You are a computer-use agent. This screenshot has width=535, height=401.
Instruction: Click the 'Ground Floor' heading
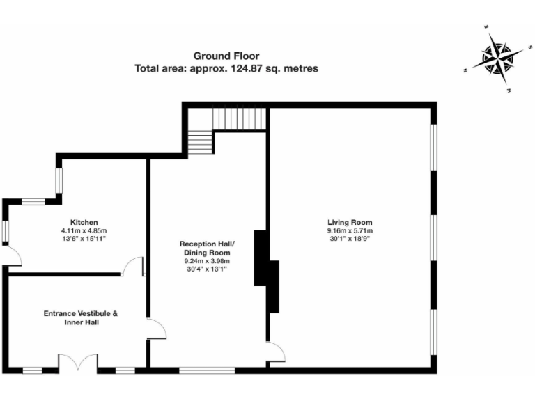click(226, 56)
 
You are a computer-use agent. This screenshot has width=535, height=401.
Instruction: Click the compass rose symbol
click(496, 57)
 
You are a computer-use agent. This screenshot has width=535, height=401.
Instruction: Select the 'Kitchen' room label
click(84, 222)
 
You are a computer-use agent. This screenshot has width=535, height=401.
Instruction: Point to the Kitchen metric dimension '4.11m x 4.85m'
click(84, 230)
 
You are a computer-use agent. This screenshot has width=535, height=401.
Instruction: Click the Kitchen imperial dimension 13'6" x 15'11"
click(84, 239)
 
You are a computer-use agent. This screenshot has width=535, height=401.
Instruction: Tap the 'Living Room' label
click(350, 223)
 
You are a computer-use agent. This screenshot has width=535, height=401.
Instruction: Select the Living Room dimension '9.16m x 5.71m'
click(350, 231)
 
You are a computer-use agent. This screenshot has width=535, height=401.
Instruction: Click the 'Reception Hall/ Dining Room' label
click(207, 248)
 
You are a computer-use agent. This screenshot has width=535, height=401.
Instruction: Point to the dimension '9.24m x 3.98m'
click(207, 261)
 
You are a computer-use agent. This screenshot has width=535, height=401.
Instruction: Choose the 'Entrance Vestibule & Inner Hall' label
click(81, 318)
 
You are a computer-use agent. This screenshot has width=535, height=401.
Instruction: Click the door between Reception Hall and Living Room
click(276, 352)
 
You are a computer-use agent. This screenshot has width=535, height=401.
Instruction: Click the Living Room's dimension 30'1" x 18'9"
click(350, 239)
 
